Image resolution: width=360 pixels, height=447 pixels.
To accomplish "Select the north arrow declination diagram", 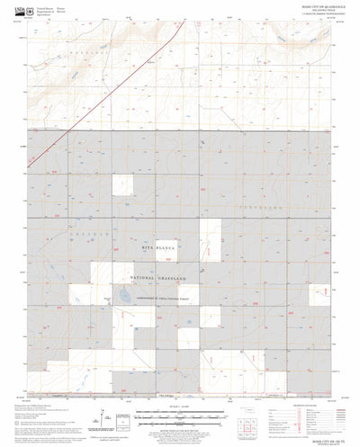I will [x=107, y=419].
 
